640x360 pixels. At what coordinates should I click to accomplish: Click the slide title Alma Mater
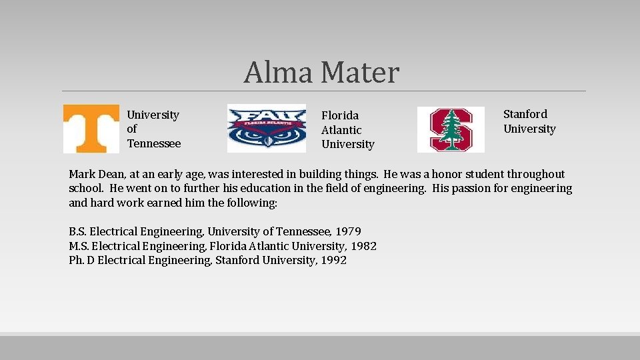(x=321, y=72)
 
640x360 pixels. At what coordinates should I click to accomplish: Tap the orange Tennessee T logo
(x=91, y=129)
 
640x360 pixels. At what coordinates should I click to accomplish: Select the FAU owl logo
(x=267, y=128)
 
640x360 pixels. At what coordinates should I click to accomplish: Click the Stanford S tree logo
(x=451, y=129)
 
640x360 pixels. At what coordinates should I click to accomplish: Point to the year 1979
(x=348, y=231)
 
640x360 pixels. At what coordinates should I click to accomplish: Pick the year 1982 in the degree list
(x=363, y=246)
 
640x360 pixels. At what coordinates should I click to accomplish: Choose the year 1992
(x=333, y=260)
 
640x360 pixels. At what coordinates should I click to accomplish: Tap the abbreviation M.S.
(x=78, y=246)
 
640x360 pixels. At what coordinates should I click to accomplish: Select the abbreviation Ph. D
(x=81, y=260)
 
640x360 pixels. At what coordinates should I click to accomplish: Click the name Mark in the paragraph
(x=81, y=174)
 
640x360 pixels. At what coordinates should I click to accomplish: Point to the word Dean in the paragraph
(x=111, y=174)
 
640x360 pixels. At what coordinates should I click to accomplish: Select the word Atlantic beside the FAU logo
(x=341, y=130)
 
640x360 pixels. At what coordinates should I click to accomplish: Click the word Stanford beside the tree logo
(x=525, y=114)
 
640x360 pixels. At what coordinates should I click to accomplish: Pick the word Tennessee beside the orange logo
(x=154, y=143)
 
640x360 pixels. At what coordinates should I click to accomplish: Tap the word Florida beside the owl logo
(x=340, y=115)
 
